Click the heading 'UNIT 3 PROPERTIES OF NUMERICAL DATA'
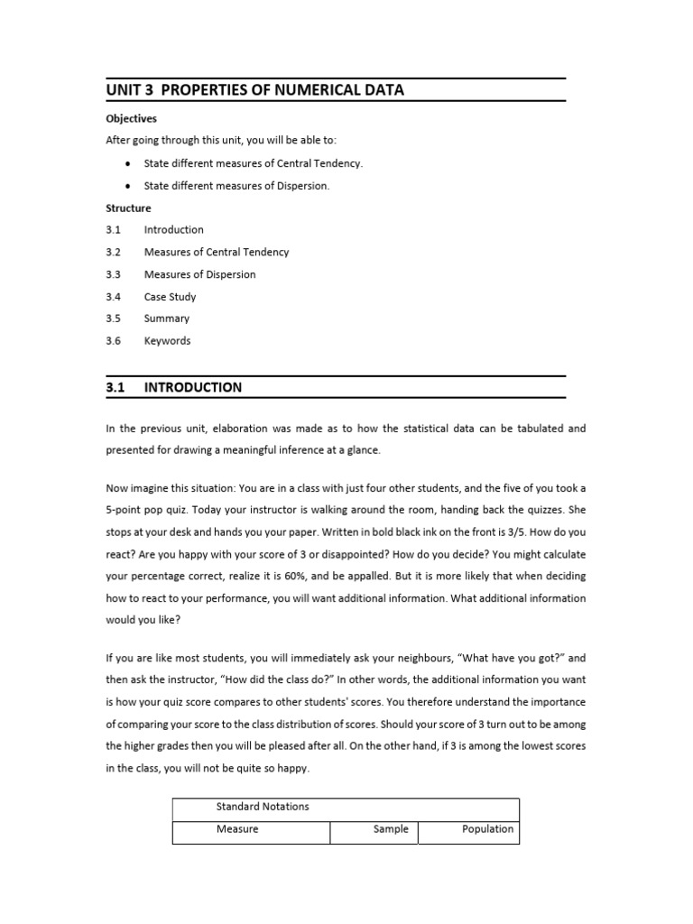254,90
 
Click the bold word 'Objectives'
131,118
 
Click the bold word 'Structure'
128,208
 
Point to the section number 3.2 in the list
113,253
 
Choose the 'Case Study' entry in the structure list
170,297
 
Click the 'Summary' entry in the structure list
167,319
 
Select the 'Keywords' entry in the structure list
167,341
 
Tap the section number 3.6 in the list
113,341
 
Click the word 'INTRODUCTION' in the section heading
193,388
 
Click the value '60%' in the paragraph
315,576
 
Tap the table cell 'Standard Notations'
262,807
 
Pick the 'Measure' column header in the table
237,829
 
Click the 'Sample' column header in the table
391,829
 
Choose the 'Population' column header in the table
487,829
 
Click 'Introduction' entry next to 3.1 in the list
173,230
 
